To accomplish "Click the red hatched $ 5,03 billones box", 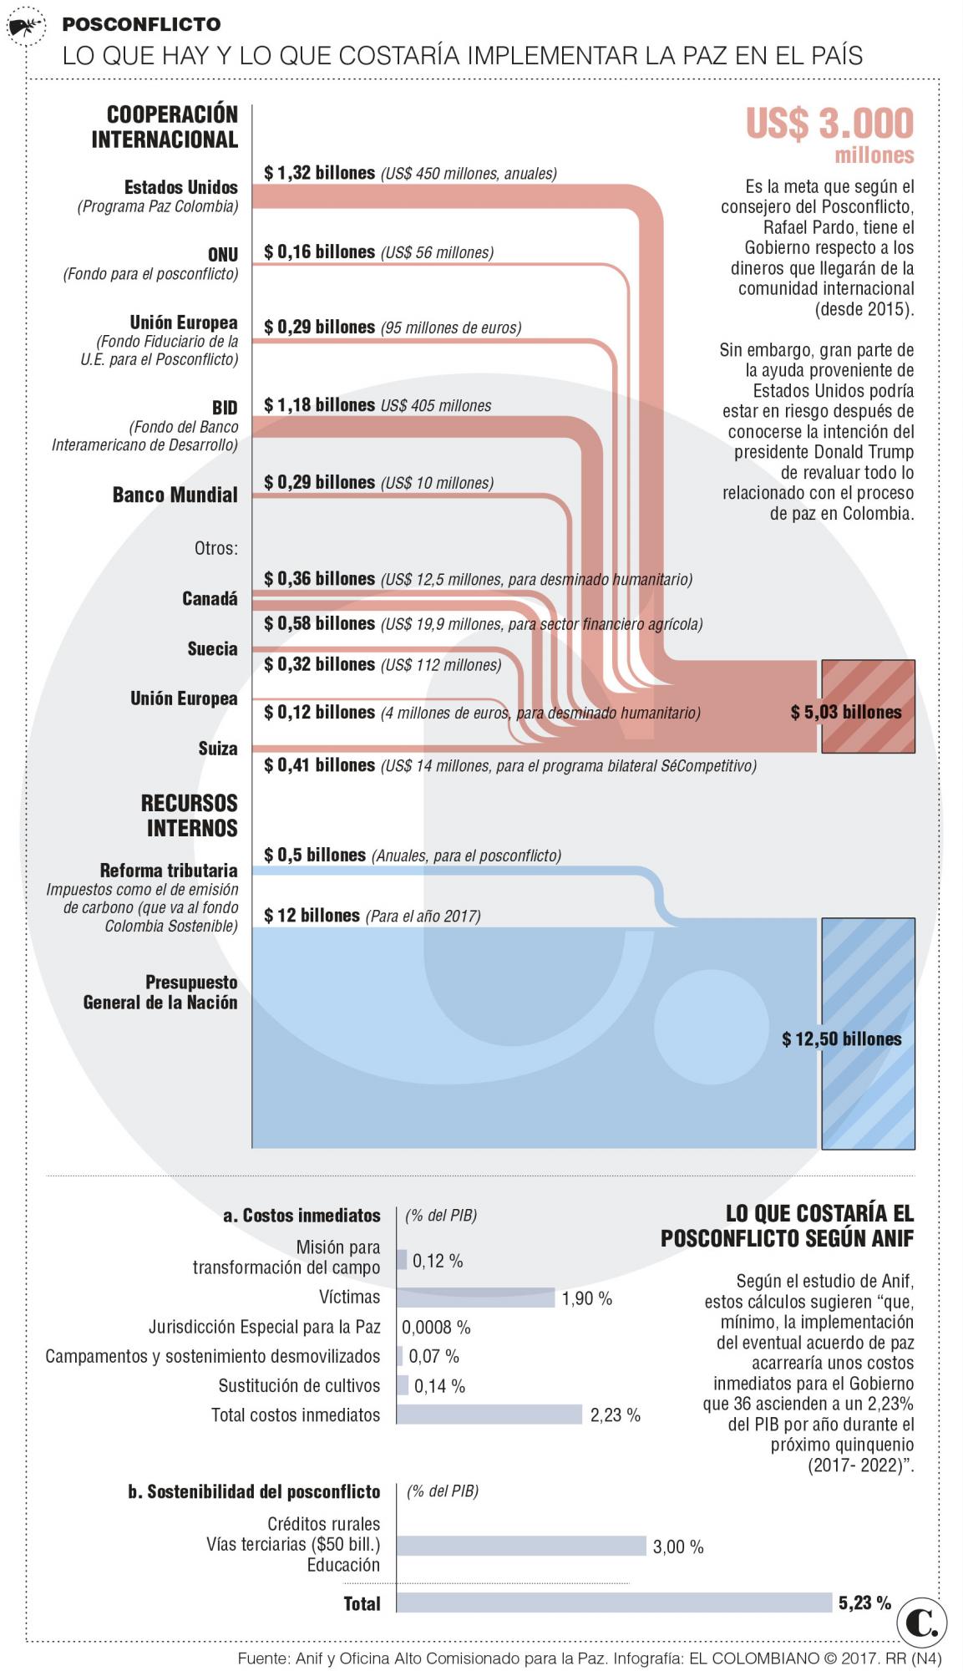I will point(868,706).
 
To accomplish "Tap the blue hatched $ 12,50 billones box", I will point(868,1034).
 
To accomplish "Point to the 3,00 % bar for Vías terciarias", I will point(521,1546).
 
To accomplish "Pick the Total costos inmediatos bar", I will point(489,1415).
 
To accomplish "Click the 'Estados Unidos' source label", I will point(180,187).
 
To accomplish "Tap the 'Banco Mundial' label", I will point(175,495).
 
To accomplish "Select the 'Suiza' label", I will point(217,749).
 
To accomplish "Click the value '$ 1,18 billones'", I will point(319,405).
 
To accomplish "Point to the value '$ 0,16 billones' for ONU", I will point(319,252).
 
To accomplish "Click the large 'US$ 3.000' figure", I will point(829,124).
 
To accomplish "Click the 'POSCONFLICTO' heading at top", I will point(141,24).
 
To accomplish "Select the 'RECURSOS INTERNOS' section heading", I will point(189,815).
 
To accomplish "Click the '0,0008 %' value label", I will point(436,1327).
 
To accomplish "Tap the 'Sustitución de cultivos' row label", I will point(299,1385).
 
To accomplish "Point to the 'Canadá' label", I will point(210,599).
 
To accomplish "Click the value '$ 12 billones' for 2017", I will point(312,916).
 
